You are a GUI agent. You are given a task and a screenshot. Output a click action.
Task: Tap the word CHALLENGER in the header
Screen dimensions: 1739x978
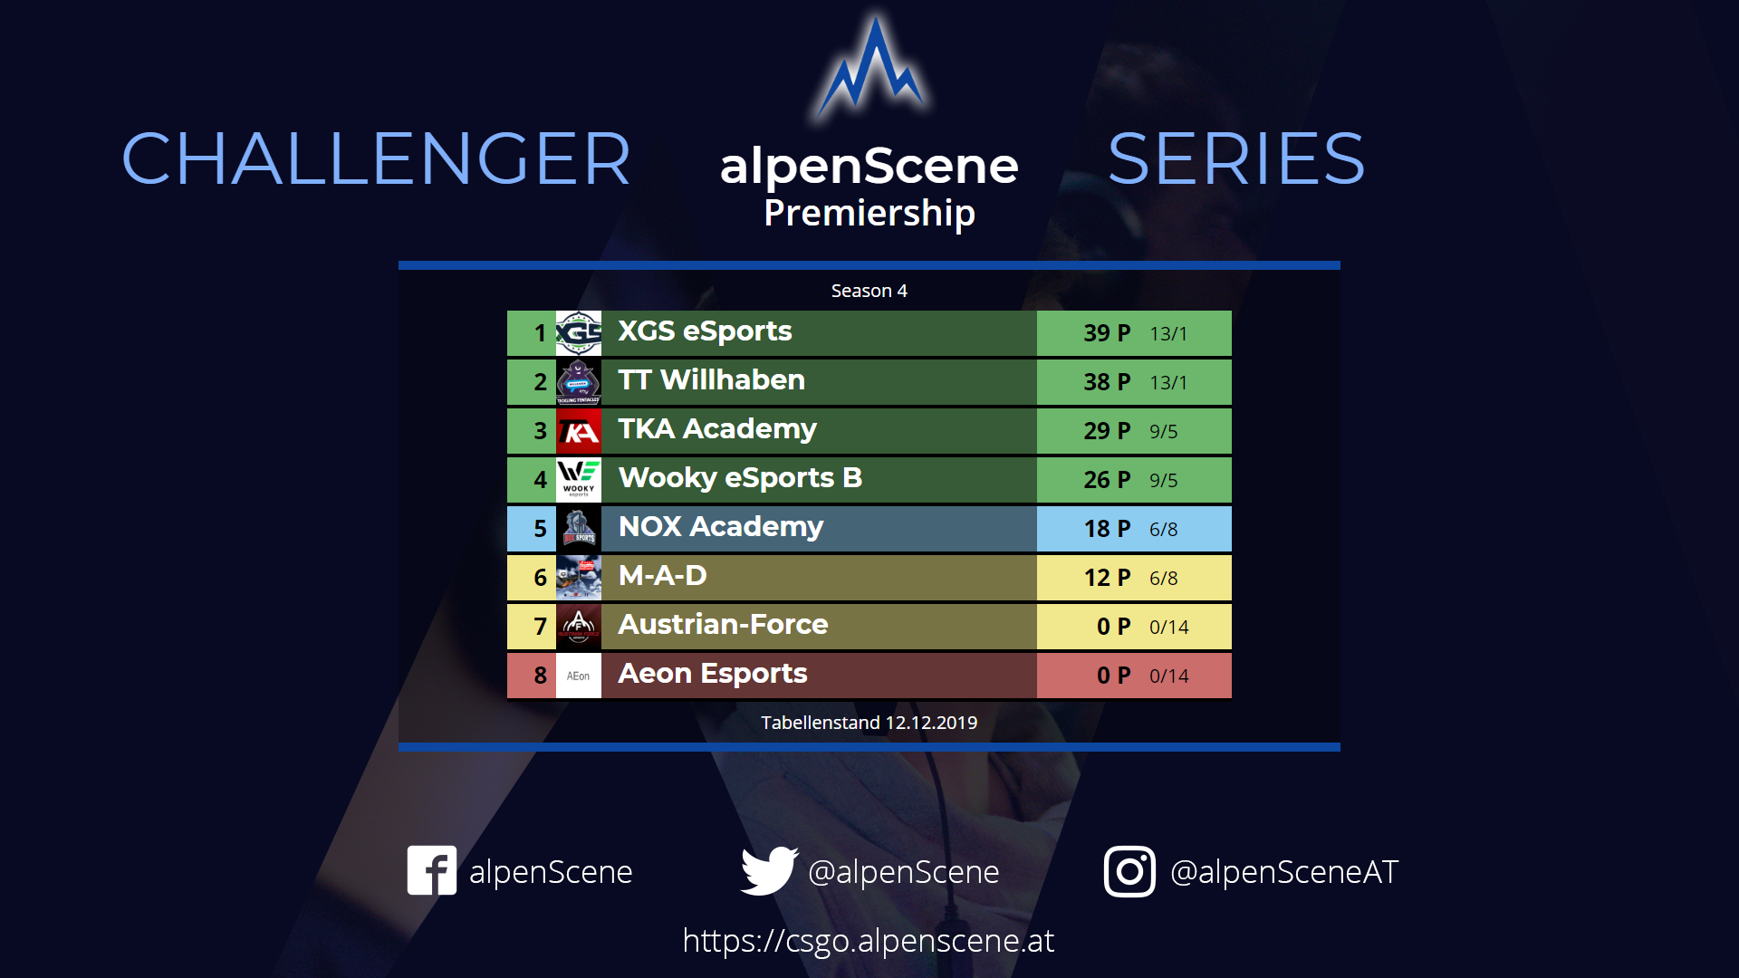pyautogui.click(x=376, y=159)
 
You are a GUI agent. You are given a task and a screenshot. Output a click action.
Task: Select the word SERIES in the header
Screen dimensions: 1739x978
pyautogui.click(x=1236, y=159)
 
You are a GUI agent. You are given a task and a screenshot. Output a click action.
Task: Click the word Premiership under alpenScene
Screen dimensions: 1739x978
pyautogui.click(x=869, y=214)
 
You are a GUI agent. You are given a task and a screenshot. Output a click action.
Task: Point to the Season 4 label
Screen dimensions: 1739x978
pyautogui.click(x=869, y=291)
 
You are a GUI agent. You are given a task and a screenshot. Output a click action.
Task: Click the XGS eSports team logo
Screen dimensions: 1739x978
pyautogui.click(x=579, y=333)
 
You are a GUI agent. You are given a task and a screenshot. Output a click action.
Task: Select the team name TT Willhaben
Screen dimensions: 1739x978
pyautogui.click(x=711, y=379)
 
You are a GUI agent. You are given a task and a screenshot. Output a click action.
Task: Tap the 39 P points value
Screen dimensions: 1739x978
pyautogui.click(x=1107, y=333)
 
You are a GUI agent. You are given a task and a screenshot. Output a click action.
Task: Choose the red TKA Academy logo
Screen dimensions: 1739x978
pyautogui.click(x=579, y=431)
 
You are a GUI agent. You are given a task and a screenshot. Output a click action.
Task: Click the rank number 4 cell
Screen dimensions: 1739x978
pyautogui.click(x=532, y=480)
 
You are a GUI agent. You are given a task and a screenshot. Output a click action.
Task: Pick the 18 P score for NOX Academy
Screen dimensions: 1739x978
pyautogui.click(x=1107, y=529)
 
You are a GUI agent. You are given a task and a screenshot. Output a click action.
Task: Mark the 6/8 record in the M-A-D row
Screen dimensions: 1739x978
pyautogui.click(x=1164, y=578)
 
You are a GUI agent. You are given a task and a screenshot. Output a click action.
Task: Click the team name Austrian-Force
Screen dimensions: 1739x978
pyautogui.click(x=723, y=624)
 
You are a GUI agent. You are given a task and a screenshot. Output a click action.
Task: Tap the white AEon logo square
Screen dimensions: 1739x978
pyautogui.click(x=579, y=676)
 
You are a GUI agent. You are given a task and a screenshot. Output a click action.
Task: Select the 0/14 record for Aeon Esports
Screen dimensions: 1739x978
pyautogui.click(x=1168, y=676)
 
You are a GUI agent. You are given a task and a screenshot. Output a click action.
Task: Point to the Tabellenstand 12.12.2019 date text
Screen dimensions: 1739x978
pyautogui.click(x=869, y=723)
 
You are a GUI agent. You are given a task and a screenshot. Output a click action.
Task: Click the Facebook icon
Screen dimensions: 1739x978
pyautogui.click(x=432, y=870)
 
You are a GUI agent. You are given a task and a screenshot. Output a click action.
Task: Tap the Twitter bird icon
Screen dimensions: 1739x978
pyautogui.click(x=769, y=870)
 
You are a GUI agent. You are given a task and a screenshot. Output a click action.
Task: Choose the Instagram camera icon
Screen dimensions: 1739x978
pyautogui.click(x=1129, y=871)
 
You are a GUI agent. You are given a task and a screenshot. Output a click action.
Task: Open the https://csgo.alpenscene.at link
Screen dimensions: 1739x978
pyautogui.click(x=869, y=941)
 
